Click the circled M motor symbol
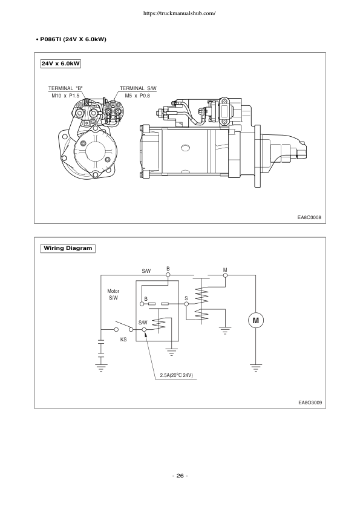(255, 320)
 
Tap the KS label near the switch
(123, 340)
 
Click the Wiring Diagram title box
(67, 248)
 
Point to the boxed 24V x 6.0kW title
(62, 63)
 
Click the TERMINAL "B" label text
(65, 88)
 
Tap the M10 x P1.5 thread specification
(65, 96)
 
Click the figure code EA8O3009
(308, 402)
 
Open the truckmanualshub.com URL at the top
(180, 13)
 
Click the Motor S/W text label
(114, 295)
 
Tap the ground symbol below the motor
(255, 366)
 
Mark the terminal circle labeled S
(187, 304)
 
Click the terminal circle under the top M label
(225, 275)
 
